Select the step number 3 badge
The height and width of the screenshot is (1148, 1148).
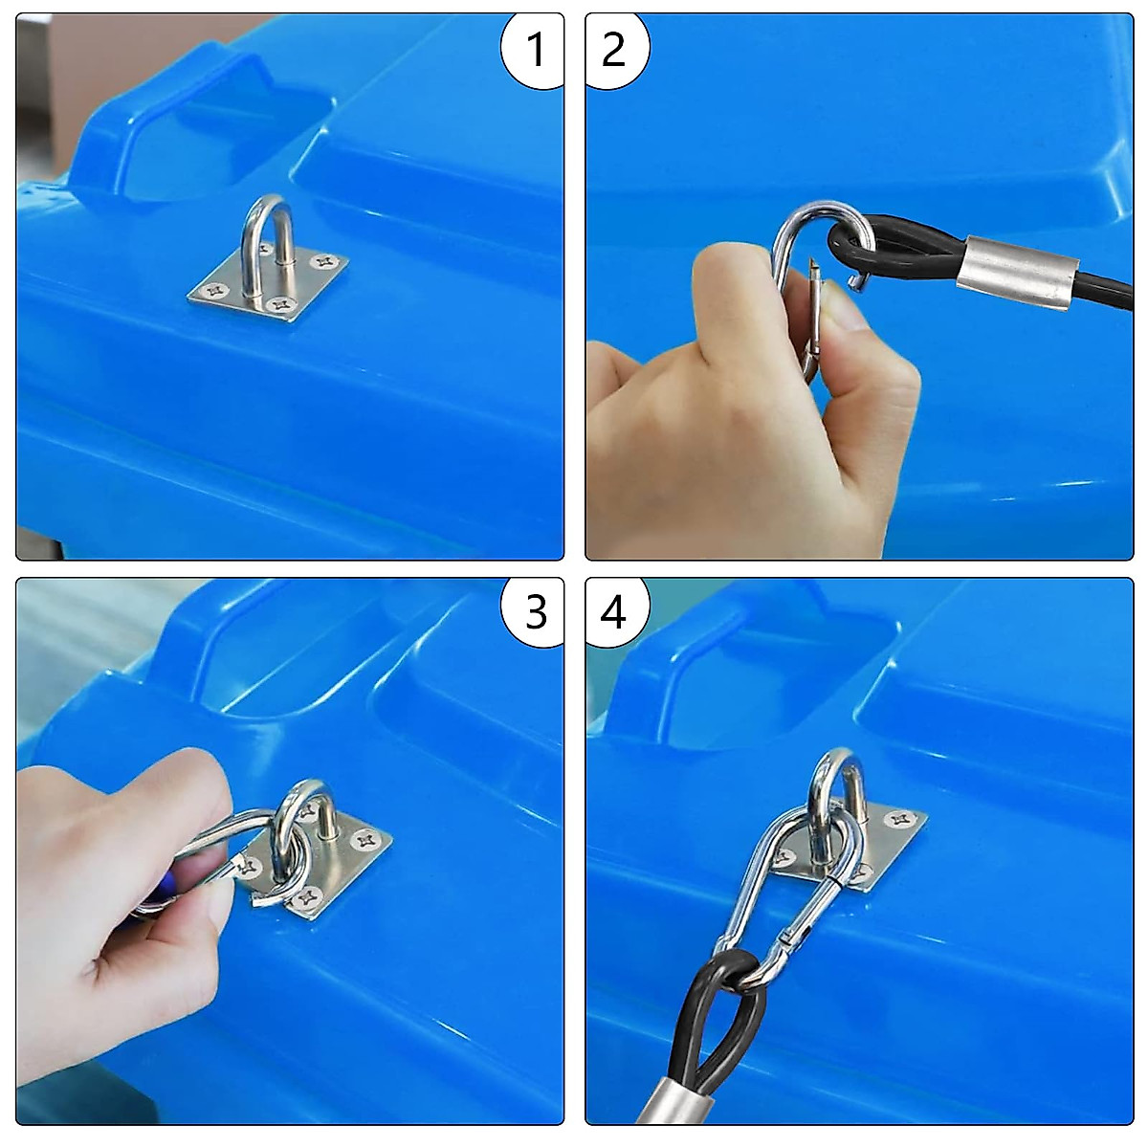pyautogui.click(x=532, y=612)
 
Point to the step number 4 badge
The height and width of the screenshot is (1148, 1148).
pyautogui.click(x=615, y=612)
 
